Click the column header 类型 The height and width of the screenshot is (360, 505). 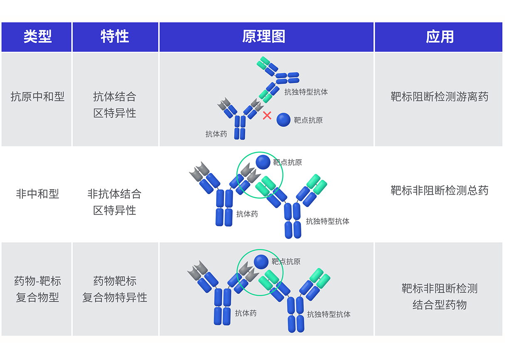coord(37,37)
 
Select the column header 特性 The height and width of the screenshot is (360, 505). coord(115,37)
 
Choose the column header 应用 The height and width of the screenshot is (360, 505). coord(439,37)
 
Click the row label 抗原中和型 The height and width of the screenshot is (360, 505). coord(37,97)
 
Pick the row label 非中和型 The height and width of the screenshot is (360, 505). coord(37,194)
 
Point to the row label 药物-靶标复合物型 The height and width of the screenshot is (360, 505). coord(37,289)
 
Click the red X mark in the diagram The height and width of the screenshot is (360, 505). coord(267,116)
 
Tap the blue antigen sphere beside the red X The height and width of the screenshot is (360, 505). coord(283,120)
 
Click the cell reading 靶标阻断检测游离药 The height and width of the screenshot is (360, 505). coord(439,97)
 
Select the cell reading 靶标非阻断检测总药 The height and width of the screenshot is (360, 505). coord(439,190)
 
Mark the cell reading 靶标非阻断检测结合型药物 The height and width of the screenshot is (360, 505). coord(439,296)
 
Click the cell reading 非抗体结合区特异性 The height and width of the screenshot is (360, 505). coord(115,202)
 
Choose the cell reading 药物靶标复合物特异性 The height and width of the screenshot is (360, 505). coord(115,289)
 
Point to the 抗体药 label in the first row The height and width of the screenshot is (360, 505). coord(216,134)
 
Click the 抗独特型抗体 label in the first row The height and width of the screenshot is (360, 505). coord(306,92)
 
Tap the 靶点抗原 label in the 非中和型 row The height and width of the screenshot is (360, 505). coord(287,163)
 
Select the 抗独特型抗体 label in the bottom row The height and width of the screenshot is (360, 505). coord(329,314)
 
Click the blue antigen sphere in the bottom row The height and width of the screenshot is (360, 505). coord(261,261)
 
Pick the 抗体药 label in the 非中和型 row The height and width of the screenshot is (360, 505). coord(247,214)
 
